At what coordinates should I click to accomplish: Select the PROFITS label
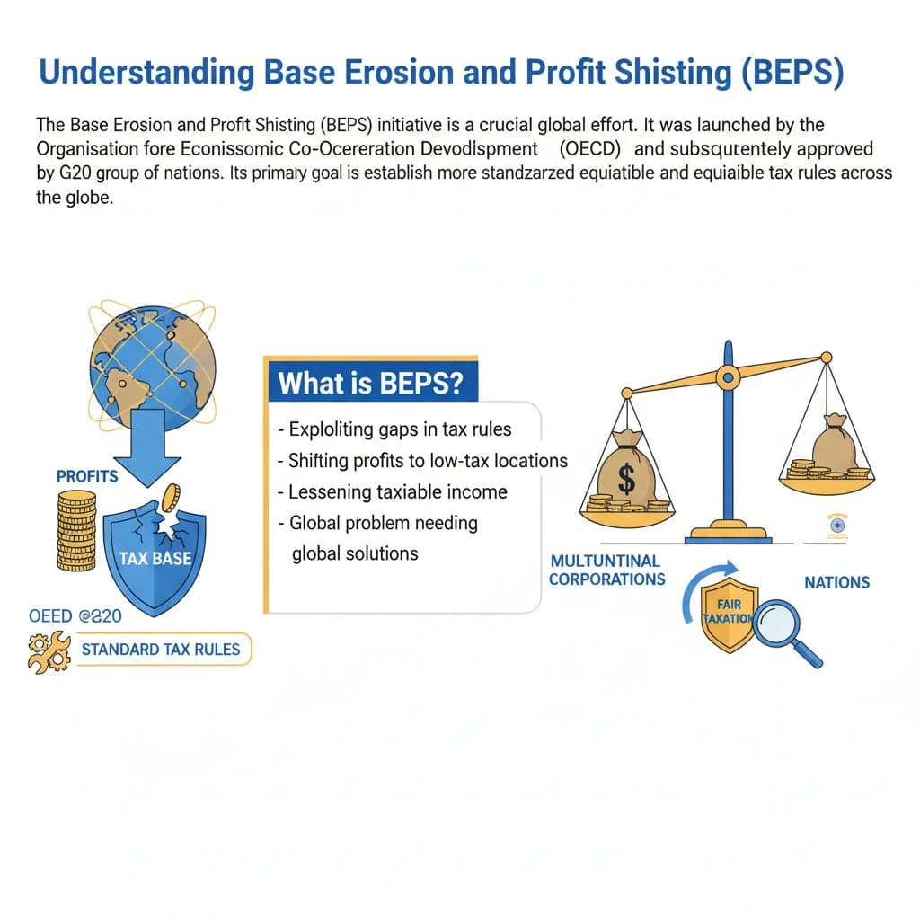coord(87,476)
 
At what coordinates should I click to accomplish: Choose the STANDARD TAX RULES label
coord(161,649)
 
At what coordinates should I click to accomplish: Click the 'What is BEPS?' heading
coord(370,384)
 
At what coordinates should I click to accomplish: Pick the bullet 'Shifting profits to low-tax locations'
coord(422,461)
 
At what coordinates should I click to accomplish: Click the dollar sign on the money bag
coord(626,478)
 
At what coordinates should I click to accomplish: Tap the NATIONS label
coord(836,582)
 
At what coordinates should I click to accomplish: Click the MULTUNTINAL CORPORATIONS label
coord(606,570)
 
